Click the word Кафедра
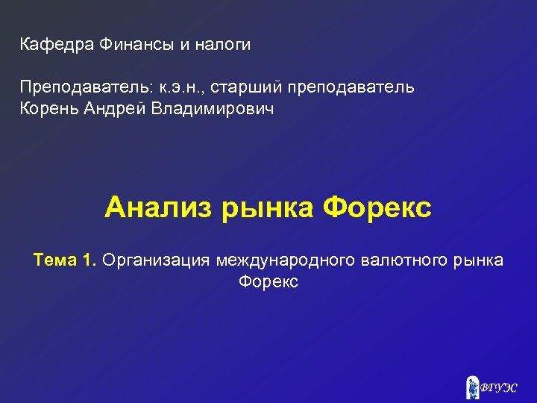click(56, 45)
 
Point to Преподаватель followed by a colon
click(87, 87)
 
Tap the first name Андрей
click(115, 110)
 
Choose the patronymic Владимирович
click(212, 110)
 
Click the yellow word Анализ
click(160, 207)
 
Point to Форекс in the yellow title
click(377, 207)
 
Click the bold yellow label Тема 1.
click(65, 260)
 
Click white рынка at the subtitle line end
click(479, 260)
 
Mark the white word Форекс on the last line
click(268, 282)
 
